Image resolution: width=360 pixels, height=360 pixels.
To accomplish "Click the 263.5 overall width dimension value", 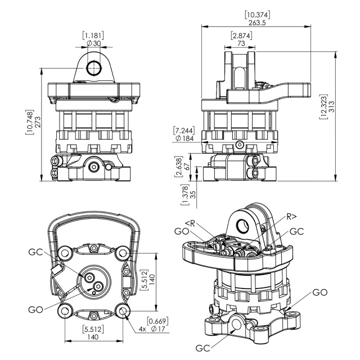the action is point(257,22).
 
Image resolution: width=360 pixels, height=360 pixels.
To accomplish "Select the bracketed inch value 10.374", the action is point(258,15).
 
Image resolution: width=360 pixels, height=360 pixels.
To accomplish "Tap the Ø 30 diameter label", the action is point(94,43).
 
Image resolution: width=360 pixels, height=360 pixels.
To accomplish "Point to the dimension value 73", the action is point(241,43).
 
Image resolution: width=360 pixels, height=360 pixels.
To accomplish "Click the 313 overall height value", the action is point(332,106).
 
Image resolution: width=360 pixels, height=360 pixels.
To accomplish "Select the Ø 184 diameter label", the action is point(184,138).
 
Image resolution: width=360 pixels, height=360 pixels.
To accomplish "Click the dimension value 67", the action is point(187,166).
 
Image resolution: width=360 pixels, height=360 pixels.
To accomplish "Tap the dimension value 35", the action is point(193,195).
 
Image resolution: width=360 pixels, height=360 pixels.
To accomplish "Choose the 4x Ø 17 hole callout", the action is point(152,328).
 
